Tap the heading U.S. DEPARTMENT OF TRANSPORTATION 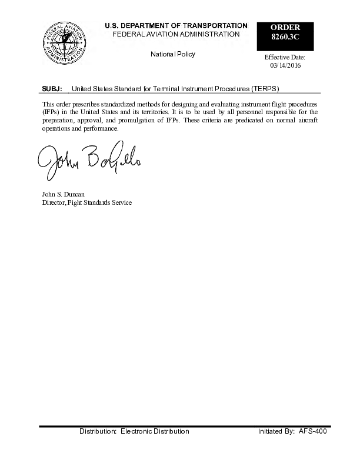coord(176,26)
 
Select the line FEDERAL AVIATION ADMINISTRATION coord(176,34)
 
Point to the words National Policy coord(173,54)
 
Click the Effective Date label coord(285,57)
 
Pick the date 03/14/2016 coord(285,65)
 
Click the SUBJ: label coord(52,89)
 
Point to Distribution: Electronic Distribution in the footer coord(134,431)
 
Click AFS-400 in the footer coord(312,431)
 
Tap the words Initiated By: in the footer coord(276,431)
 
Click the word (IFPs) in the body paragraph coord(51,111)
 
